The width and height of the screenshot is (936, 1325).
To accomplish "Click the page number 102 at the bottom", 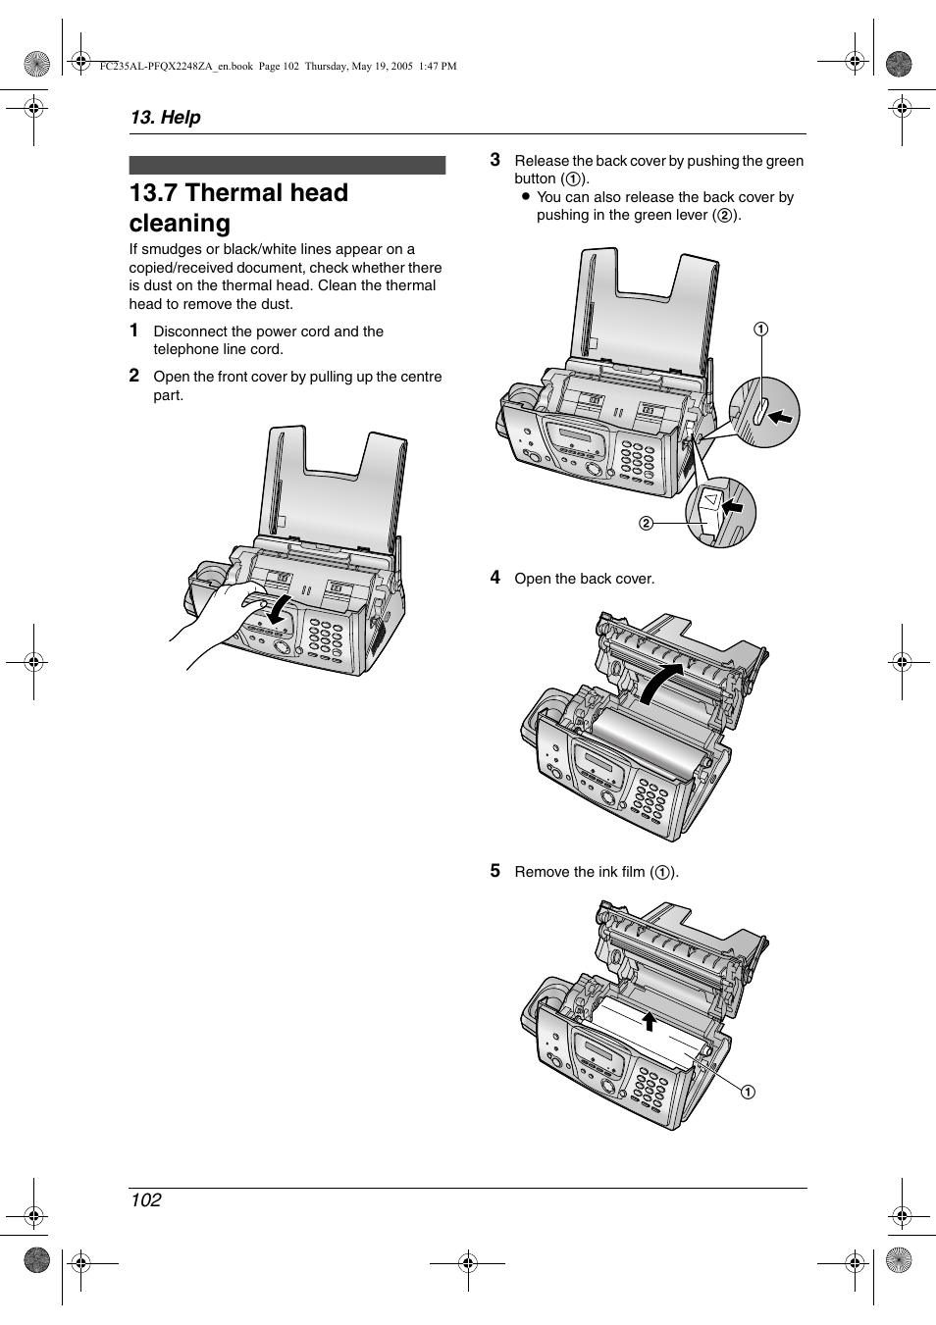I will point(145,1199).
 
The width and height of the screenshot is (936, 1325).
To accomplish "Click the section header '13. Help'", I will point(165,117).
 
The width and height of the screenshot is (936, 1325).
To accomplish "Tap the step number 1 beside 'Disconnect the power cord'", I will point(134,331).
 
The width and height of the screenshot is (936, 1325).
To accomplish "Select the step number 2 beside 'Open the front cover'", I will point(134,376).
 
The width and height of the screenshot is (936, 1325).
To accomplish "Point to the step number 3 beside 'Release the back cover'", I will point(495,160).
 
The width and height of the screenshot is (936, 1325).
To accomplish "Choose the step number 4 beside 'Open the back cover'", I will point(495,578).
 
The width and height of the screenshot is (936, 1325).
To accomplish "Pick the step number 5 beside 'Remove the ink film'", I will point(495,871).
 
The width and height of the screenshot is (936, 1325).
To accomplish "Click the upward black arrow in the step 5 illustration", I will point(649,1021).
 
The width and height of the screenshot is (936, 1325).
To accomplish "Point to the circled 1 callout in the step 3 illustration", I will point(760,329).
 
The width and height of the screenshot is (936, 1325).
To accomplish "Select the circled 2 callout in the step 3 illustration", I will point(646,523).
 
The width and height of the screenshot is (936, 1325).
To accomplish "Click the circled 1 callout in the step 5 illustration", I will point(748,1092).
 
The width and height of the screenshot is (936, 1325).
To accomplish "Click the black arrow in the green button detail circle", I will point(780,417).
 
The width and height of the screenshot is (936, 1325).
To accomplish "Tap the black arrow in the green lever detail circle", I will point(733,507).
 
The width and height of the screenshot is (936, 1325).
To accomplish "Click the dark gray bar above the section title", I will point(287,165).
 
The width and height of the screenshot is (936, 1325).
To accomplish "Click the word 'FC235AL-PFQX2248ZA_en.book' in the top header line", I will point(177,67).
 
